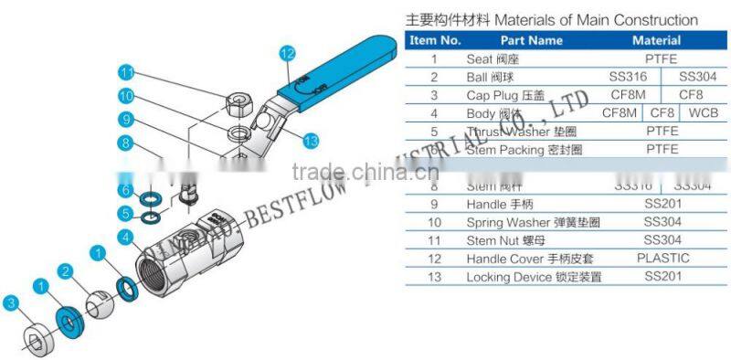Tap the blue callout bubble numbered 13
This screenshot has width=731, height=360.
click(310, 141)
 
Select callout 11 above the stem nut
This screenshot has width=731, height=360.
click(128, 73)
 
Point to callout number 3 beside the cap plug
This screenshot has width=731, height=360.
click(11, 302)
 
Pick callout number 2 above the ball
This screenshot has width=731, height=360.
click(65, 271)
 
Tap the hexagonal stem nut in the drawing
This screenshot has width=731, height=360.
click(240, 101)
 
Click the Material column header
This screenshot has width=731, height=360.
click(656, 40)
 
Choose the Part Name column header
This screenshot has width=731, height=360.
click(532, 40)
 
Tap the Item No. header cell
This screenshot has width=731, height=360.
click(435, 40)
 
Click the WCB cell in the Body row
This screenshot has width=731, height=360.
click(703, 112)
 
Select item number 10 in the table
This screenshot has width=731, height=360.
click(435, 222)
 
